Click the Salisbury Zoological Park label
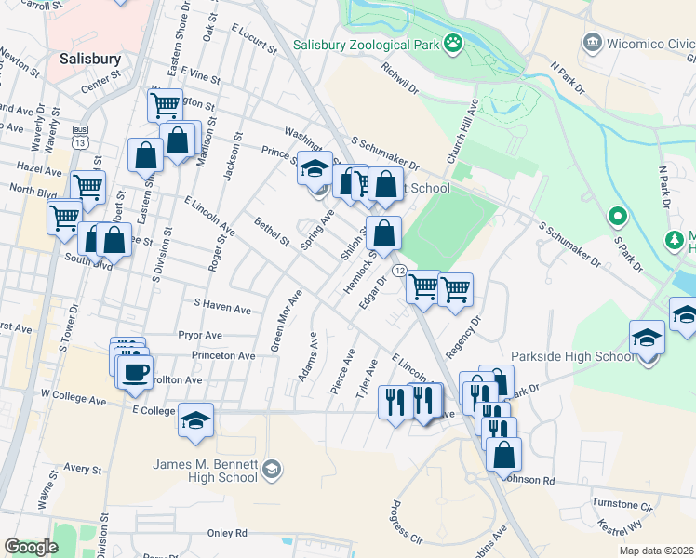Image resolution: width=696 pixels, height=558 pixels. click(365, 45)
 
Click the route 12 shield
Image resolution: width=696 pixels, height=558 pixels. click(398, 270)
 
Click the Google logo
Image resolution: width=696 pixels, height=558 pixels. click(31, 547)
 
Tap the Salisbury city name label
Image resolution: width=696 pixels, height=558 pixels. click(90, 59)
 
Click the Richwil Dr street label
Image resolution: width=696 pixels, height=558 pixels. click(399, 79)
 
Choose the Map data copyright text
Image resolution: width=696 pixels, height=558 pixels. click(655, 551)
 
